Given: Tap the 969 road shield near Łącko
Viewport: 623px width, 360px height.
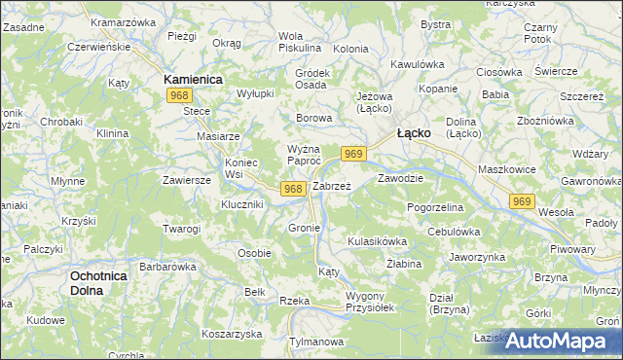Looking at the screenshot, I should tap(353, 154).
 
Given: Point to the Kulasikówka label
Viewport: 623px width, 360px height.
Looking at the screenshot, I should tap(376, 239).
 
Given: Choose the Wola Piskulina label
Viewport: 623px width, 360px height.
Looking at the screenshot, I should tap(299, 41).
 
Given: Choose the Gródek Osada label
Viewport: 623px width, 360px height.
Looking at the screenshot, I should tap(311, 78).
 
